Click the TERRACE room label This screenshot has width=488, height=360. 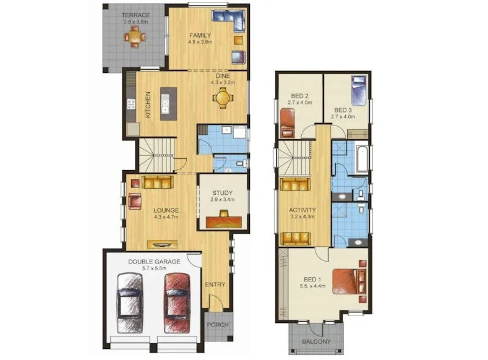coord(135,15)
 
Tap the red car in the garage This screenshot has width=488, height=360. coord(177,303)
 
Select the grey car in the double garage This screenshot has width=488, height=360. coord(130,303)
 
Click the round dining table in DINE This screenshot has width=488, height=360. coord(223,98)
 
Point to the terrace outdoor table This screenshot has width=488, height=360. coord(134,37)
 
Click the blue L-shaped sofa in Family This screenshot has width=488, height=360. coord(229,20)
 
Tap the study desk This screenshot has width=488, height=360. coord(224,222)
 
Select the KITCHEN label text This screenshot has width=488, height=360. coord(148,105)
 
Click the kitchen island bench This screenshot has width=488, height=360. coord(168,104)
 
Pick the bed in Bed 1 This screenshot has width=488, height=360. coord(349,281)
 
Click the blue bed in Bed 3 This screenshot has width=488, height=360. coord(360,90)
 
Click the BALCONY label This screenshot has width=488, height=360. coord(316,341)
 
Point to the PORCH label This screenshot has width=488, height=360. coord(218,325)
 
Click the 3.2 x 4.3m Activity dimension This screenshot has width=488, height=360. coord(302,217)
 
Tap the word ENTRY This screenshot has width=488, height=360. coord(215,285)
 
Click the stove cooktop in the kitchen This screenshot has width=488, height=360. coord(131,105)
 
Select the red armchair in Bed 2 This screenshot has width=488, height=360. coord(288,123)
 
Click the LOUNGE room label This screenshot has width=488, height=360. coord(166,210)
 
